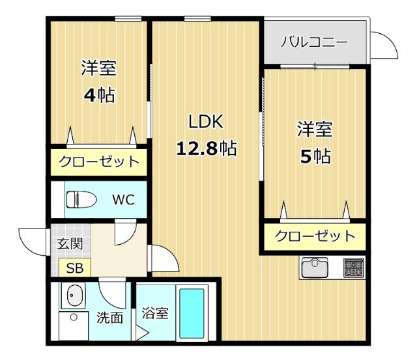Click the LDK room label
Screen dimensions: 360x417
tap(206, 121)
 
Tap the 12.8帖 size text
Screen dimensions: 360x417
tap(206, 148)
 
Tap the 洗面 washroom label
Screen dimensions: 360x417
tap(109, 318)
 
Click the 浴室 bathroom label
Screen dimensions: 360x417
tap(155, 313)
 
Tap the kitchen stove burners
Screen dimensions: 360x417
tap(354, 267)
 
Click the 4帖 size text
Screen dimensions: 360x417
tap(98, 95)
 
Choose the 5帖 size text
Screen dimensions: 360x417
tap(315, 156)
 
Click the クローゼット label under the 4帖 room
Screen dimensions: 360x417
tap(99, 162)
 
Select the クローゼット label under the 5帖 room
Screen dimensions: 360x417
tap(315, 236)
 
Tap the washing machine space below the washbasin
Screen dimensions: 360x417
tap(74, 325)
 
